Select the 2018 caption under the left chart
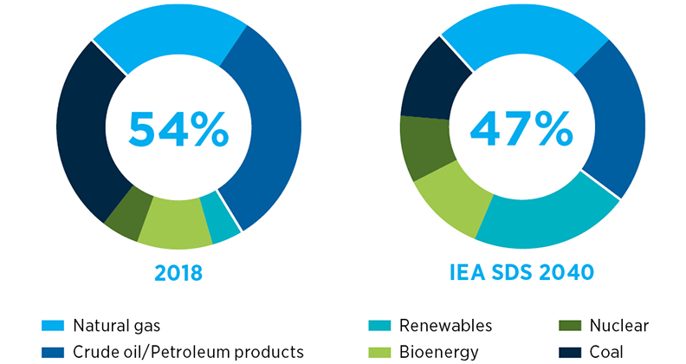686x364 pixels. (178, 273)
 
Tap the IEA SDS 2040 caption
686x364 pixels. (521, 273)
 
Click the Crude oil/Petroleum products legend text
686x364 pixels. (188, 351)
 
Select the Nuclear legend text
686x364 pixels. (618, 326)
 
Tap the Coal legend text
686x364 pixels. (606, 351)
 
